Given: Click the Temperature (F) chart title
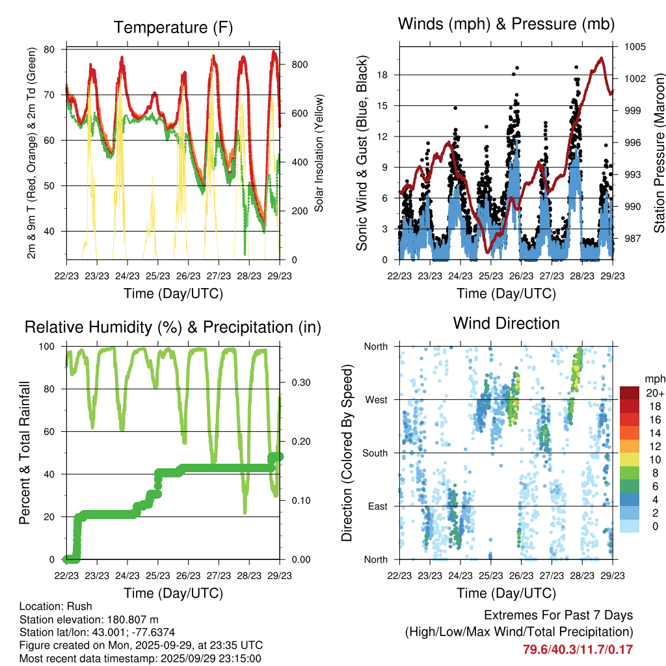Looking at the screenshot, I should click(x=173, y=27).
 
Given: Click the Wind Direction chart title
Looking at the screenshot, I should click(x=506, y=323).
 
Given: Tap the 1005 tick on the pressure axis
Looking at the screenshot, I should click(x=635, y=47).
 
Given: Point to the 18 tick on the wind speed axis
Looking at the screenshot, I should click(x=382, y=75).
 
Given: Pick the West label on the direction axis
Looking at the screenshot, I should click(x=376, y=399).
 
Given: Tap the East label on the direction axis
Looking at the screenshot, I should click(x=376, y=506).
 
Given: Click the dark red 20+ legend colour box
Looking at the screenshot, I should click(x=630, y=393).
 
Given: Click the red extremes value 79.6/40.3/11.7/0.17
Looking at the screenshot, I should click(x=578, y=649).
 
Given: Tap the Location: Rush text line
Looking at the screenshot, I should click(x=56, y=606).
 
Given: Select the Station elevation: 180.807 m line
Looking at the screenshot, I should click(x=89, y=619).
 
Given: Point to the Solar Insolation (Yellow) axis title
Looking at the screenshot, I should click(x=319, y=153).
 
